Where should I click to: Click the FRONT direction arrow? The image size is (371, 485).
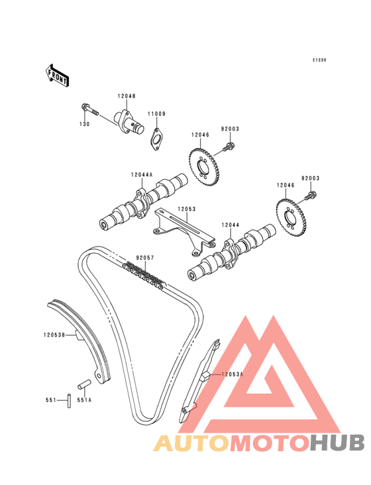(x=57, y=76)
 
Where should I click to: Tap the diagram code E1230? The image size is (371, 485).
(x=319, y=60)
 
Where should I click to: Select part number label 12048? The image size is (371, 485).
(x=127, y=96)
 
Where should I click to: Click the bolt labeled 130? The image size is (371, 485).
(x=89, y=110)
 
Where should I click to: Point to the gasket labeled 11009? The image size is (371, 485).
(x=157, y=139)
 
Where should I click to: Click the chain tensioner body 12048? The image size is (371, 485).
(x=129, y=122)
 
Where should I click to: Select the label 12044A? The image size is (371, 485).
(x=142, y=175)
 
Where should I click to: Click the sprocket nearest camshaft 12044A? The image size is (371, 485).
(x=203, y=168)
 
